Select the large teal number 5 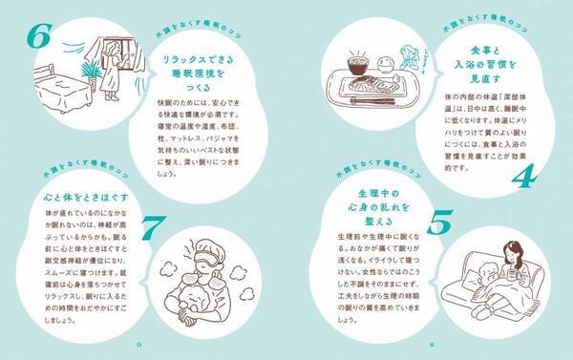pos(438,222)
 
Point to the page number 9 pos(139,344)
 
